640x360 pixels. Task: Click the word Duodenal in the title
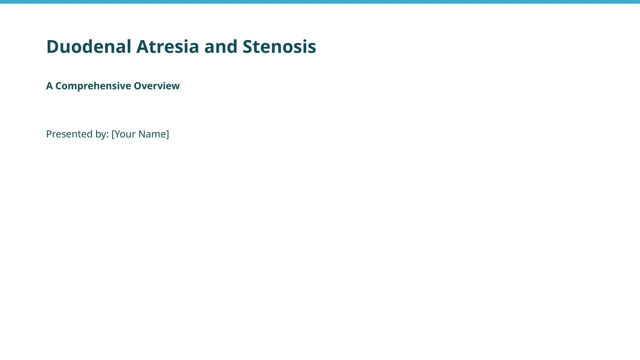(x=89, y=47)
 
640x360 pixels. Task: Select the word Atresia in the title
(x=167, y=47)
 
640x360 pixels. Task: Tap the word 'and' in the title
(x=221, y=47)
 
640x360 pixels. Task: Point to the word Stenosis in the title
(x=279, y=47)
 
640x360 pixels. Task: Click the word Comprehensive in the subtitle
(x=93, y=86)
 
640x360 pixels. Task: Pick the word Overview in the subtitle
(x=157, y=86)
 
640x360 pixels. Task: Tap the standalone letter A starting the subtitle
(x=49, y=86)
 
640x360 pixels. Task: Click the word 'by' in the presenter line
(x=100, y=134)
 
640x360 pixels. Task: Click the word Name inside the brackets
(x=152, y=134)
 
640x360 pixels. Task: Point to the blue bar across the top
(x=320, y=2)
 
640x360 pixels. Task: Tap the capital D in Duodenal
(x=52, y=47)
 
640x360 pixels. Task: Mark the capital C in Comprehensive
(x=58, y=86)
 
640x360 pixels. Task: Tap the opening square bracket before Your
(x=113, y=134)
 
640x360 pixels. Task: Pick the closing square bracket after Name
(x=167, y=134)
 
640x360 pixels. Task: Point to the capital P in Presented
(x=49, y=134)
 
